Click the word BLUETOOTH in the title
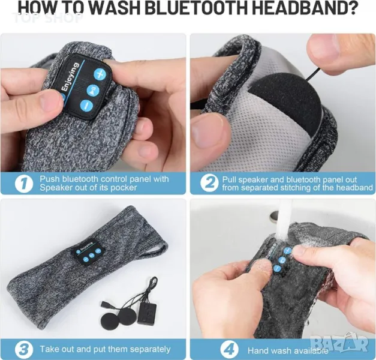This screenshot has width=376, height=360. [195, 8]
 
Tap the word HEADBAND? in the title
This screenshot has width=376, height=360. [304, 8]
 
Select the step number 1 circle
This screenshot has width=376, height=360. [24, 184]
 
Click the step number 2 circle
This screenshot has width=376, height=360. [209, 184]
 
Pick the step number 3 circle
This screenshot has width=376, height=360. [24, 349]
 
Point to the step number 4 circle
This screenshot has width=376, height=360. [229, 350]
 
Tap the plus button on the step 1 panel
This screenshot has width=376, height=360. [98, 73]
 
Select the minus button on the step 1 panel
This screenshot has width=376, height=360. [86, 106]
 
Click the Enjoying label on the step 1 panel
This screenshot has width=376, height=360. [69, 77]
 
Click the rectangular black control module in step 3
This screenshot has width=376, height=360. [147, 313]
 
